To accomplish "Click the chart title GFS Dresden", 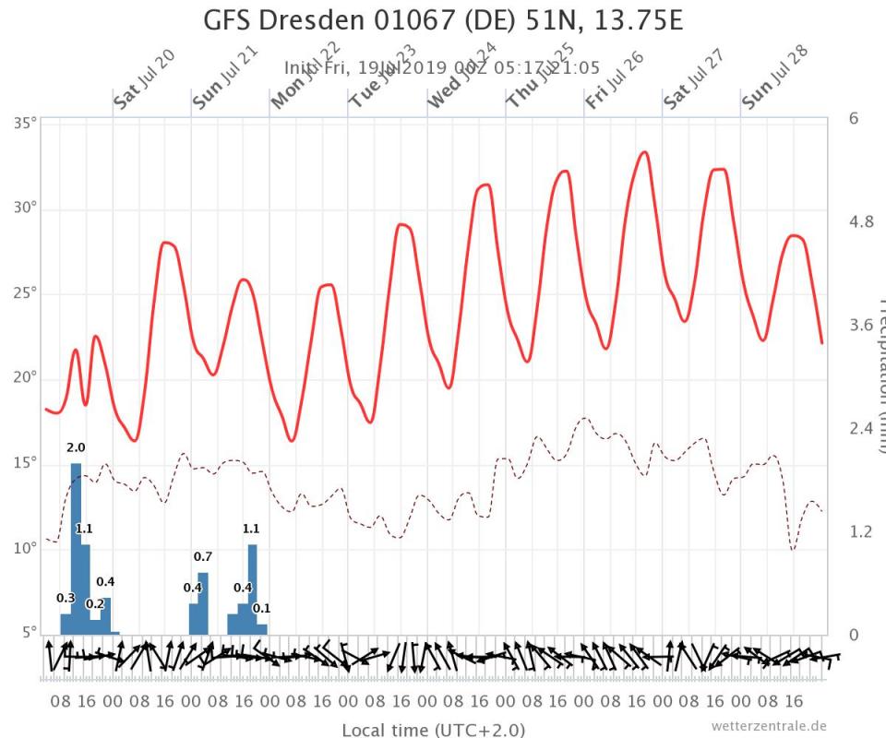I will coord(443,19).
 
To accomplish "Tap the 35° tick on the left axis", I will coord(24,122).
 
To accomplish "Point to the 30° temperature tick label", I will coord(24,208).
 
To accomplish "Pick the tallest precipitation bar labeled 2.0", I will coord(76,549).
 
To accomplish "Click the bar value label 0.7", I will coord(203,556).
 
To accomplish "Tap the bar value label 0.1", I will coord(261,609).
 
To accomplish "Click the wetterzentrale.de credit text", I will coord(769,725).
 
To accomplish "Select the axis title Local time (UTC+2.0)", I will coord(434,730).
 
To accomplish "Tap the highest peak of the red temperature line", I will coord(644,152).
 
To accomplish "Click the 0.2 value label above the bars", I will coord(95,604).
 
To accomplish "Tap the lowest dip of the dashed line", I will coord(792,549).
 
